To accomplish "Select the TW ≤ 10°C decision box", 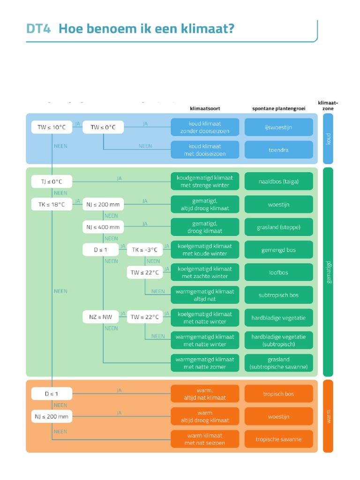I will click(52, 127).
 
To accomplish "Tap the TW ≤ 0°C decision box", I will click(103, 127).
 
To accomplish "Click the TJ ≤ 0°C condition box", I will click(52, 181).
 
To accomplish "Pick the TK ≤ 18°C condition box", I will click(52, 204).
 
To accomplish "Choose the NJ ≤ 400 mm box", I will click(103, 227).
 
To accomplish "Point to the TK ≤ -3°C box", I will click(144, 250).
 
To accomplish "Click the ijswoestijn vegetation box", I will click(278, 127).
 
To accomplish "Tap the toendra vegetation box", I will click(278, 150).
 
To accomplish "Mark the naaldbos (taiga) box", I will click(278, 181).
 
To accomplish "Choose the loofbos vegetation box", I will click(278, 272).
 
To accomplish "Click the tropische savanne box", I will click(278, 439).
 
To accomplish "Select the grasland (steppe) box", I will click(278, 227).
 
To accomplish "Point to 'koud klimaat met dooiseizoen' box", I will click(205, 150).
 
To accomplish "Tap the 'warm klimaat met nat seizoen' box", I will click(205, 439).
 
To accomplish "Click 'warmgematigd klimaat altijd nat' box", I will click(205, 295).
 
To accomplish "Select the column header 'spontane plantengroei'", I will click(278, 108).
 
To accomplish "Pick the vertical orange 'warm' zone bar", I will click(328, 416).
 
